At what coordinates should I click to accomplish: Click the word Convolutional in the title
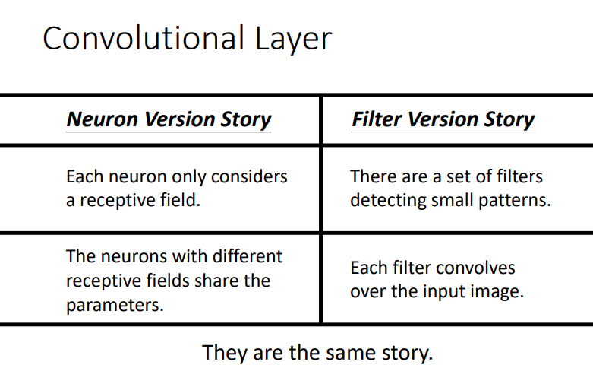tap(143, 38)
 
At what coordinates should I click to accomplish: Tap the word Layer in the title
tap(294, 40)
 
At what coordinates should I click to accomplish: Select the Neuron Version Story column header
tap(169, 119)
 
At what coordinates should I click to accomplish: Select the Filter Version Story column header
tap(443, 119)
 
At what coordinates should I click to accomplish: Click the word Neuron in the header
tap(102, 119)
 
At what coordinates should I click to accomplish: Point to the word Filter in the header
tap(377, 119)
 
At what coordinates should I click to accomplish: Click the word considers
tap(249, 177)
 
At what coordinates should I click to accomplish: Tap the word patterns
tap(515, 200)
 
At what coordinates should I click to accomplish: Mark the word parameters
tap(115, 306)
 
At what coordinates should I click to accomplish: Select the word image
tap(496, 292)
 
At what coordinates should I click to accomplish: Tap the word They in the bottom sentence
tap(225, 353)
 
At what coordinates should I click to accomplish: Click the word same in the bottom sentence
tap(351, 353)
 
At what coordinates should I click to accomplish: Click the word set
tap(456, 177)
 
